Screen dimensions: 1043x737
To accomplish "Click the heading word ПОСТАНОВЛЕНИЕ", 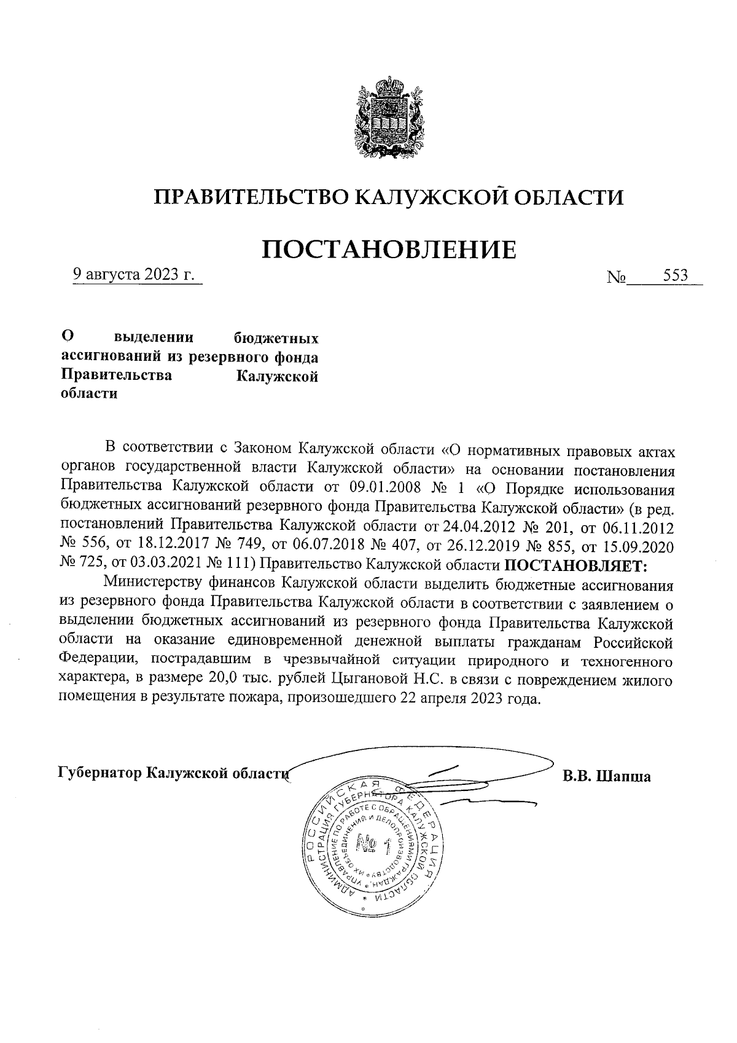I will [389, 249].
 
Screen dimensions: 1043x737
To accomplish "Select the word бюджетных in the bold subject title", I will [278, 338].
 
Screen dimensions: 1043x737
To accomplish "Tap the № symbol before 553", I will [615, 277].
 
